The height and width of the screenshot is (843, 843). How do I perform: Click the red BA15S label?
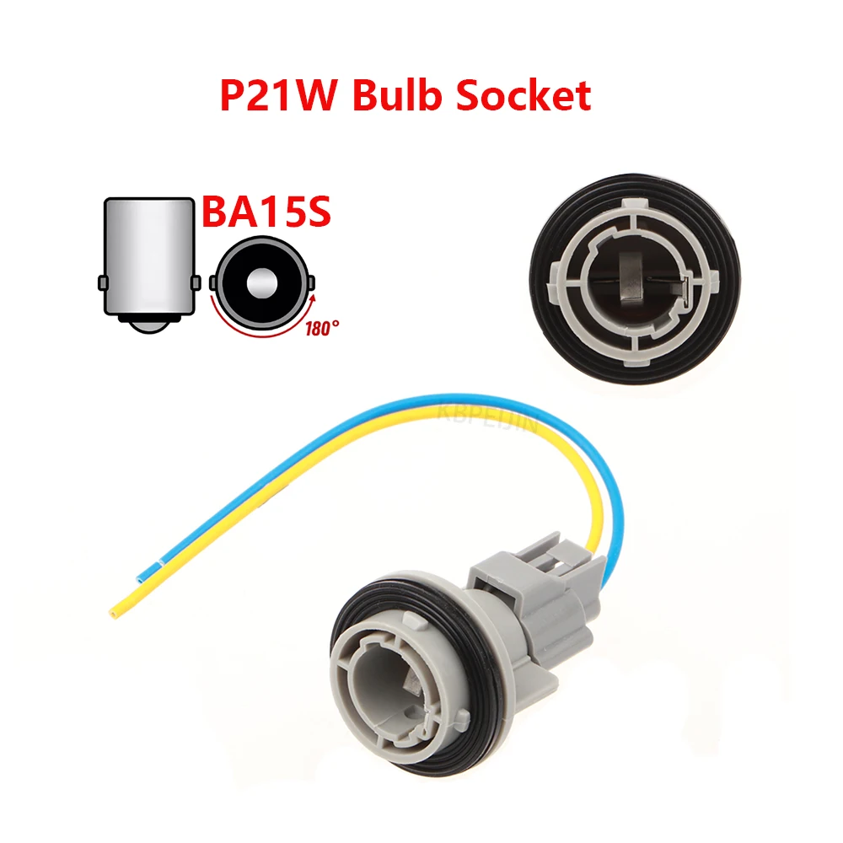pos(266,213)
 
